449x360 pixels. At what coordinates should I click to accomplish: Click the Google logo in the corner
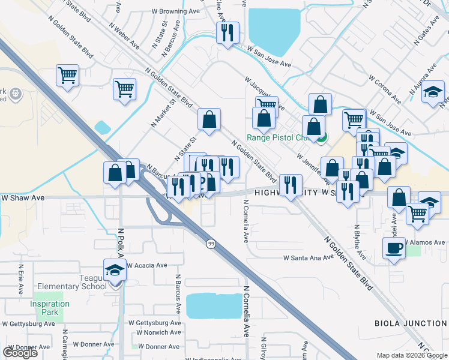(20, 353)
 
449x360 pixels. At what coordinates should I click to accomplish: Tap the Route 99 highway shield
(211, 243)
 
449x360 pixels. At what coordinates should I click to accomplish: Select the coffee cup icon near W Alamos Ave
(394, 248)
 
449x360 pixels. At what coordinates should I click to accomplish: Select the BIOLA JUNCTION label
(411, 323)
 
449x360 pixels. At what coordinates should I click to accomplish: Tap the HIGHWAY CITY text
(283, 193)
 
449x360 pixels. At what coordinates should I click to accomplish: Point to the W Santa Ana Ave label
(308, 258)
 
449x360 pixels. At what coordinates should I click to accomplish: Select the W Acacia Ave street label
(146, 265)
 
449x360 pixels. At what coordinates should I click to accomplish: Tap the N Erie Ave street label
(20, 280)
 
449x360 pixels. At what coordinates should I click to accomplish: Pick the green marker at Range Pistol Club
(322, 139)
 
